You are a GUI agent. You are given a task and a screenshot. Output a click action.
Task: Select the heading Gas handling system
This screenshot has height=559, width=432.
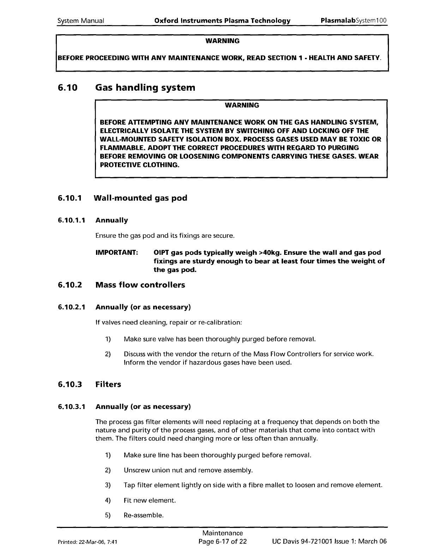145,88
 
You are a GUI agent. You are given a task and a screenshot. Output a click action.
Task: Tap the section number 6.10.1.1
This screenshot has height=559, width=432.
72,221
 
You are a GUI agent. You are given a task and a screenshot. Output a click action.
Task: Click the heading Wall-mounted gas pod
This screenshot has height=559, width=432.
140,198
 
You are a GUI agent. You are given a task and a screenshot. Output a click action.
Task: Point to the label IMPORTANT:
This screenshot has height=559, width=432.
117,253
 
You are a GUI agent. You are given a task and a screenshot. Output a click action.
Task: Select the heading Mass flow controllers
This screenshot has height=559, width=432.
140,285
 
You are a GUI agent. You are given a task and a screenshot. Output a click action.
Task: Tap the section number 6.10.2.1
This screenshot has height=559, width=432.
72,307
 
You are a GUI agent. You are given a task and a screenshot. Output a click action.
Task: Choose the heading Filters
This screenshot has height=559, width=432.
108,384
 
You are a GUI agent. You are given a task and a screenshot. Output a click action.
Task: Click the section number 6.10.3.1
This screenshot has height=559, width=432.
72,407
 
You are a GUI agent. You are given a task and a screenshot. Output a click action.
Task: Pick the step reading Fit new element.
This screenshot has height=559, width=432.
150,500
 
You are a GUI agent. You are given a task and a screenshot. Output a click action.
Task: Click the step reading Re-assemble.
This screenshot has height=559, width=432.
144,515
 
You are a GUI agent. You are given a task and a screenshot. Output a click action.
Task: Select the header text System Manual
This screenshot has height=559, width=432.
81,20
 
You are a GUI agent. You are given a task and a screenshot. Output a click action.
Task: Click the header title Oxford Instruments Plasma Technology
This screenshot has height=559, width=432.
222,20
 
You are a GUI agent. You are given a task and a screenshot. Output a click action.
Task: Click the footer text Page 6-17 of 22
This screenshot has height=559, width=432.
223,541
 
